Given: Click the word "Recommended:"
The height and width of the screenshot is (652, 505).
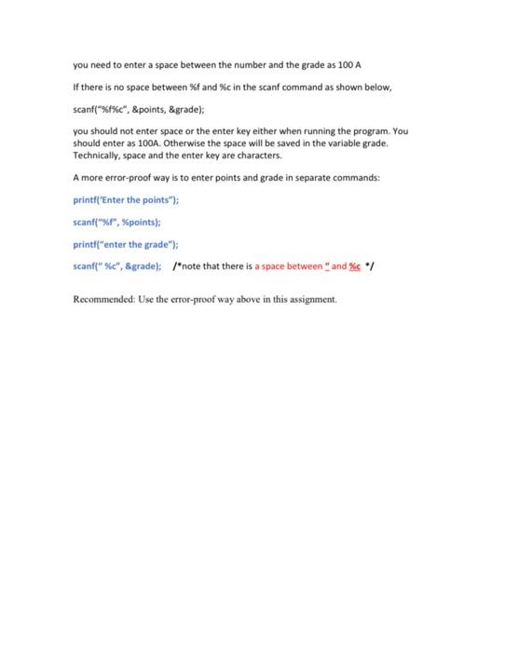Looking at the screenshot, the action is click(102, 300).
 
